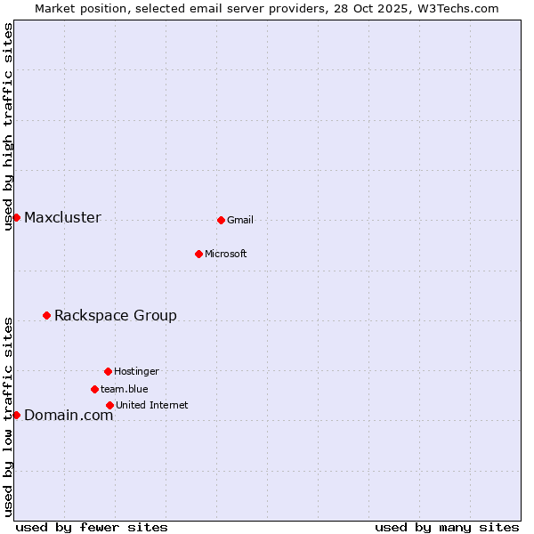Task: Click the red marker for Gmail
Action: [x=221, y=220]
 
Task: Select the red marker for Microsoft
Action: [x=198, y=254]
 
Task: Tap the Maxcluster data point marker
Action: [x=16, y=217]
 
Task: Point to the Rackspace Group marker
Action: [x=46, y=315]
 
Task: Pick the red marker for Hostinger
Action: [x=108, y=371]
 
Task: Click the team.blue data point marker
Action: [x=94, y=389]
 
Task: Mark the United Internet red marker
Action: [x=109, y=405]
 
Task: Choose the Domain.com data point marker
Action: [x=16, y=415]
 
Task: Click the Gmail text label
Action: [x=240, y=221]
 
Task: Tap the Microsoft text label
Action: [x=226, y=255]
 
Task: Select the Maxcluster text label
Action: [x=62, y=218]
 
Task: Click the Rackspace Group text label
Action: [x=116, y=316]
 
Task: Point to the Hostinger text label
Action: [x=136, y=372]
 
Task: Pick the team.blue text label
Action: [x=125, y=390]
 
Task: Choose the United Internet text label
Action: [x=151, y=406]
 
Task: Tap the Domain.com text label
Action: [x=69, y=416]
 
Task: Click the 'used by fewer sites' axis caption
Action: [x=92, y=527]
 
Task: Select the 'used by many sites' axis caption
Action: [x=447, y=527]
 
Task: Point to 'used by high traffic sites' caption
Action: [x=8, y=127]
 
